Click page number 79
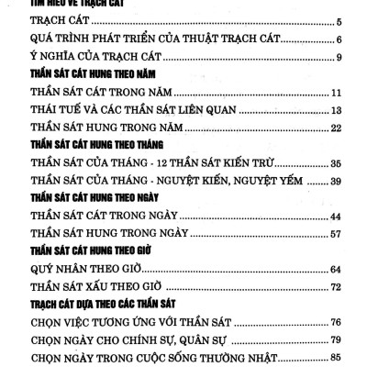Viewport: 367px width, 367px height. (x=336, y=339)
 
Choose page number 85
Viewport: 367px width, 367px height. (x=336, y=358)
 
